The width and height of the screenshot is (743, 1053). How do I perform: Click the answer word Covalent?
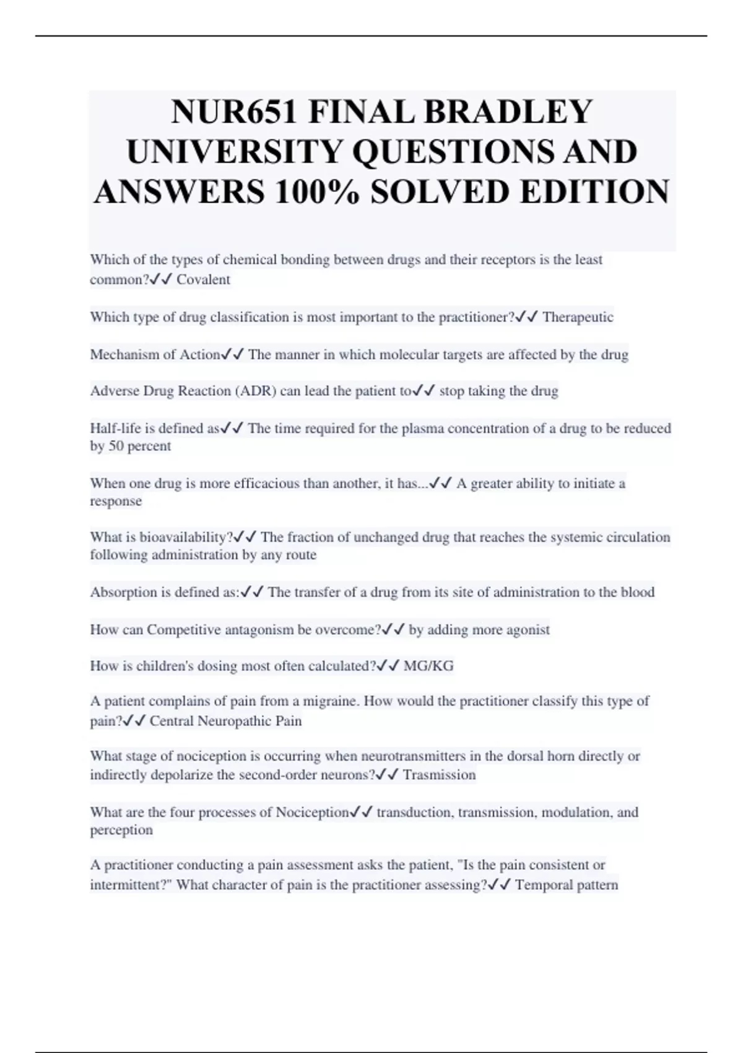click(203, 279)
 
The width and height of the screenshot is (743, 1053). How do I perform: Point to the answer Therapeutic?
click(578, 317)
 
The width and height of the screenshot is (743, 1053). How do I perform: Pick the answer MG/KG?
click(428, 666)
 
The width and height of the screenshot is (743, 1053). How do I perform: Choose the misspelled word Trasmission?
click(439, 775)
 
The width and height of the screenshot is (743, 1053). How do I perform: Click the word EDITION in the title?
click(594, 191)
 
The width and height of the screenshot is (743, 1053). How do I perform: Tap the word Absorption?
click(124, 592)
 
